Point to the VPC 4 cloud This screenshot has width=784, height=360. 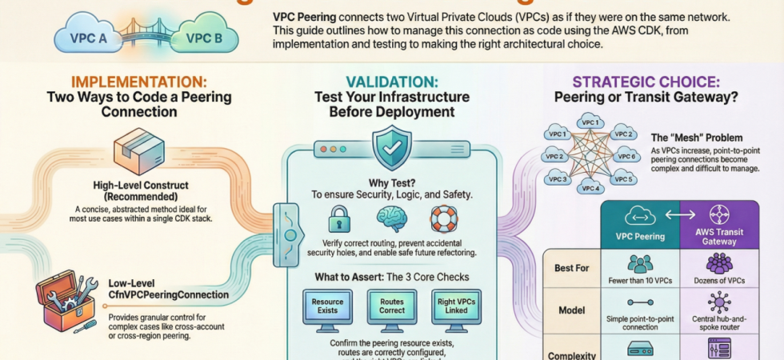[x=590, y=187]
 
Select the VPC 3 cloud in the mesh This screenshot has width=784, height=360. [x=558, y=179]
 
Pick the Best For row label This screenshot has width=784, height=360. [x=571, y=268]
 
